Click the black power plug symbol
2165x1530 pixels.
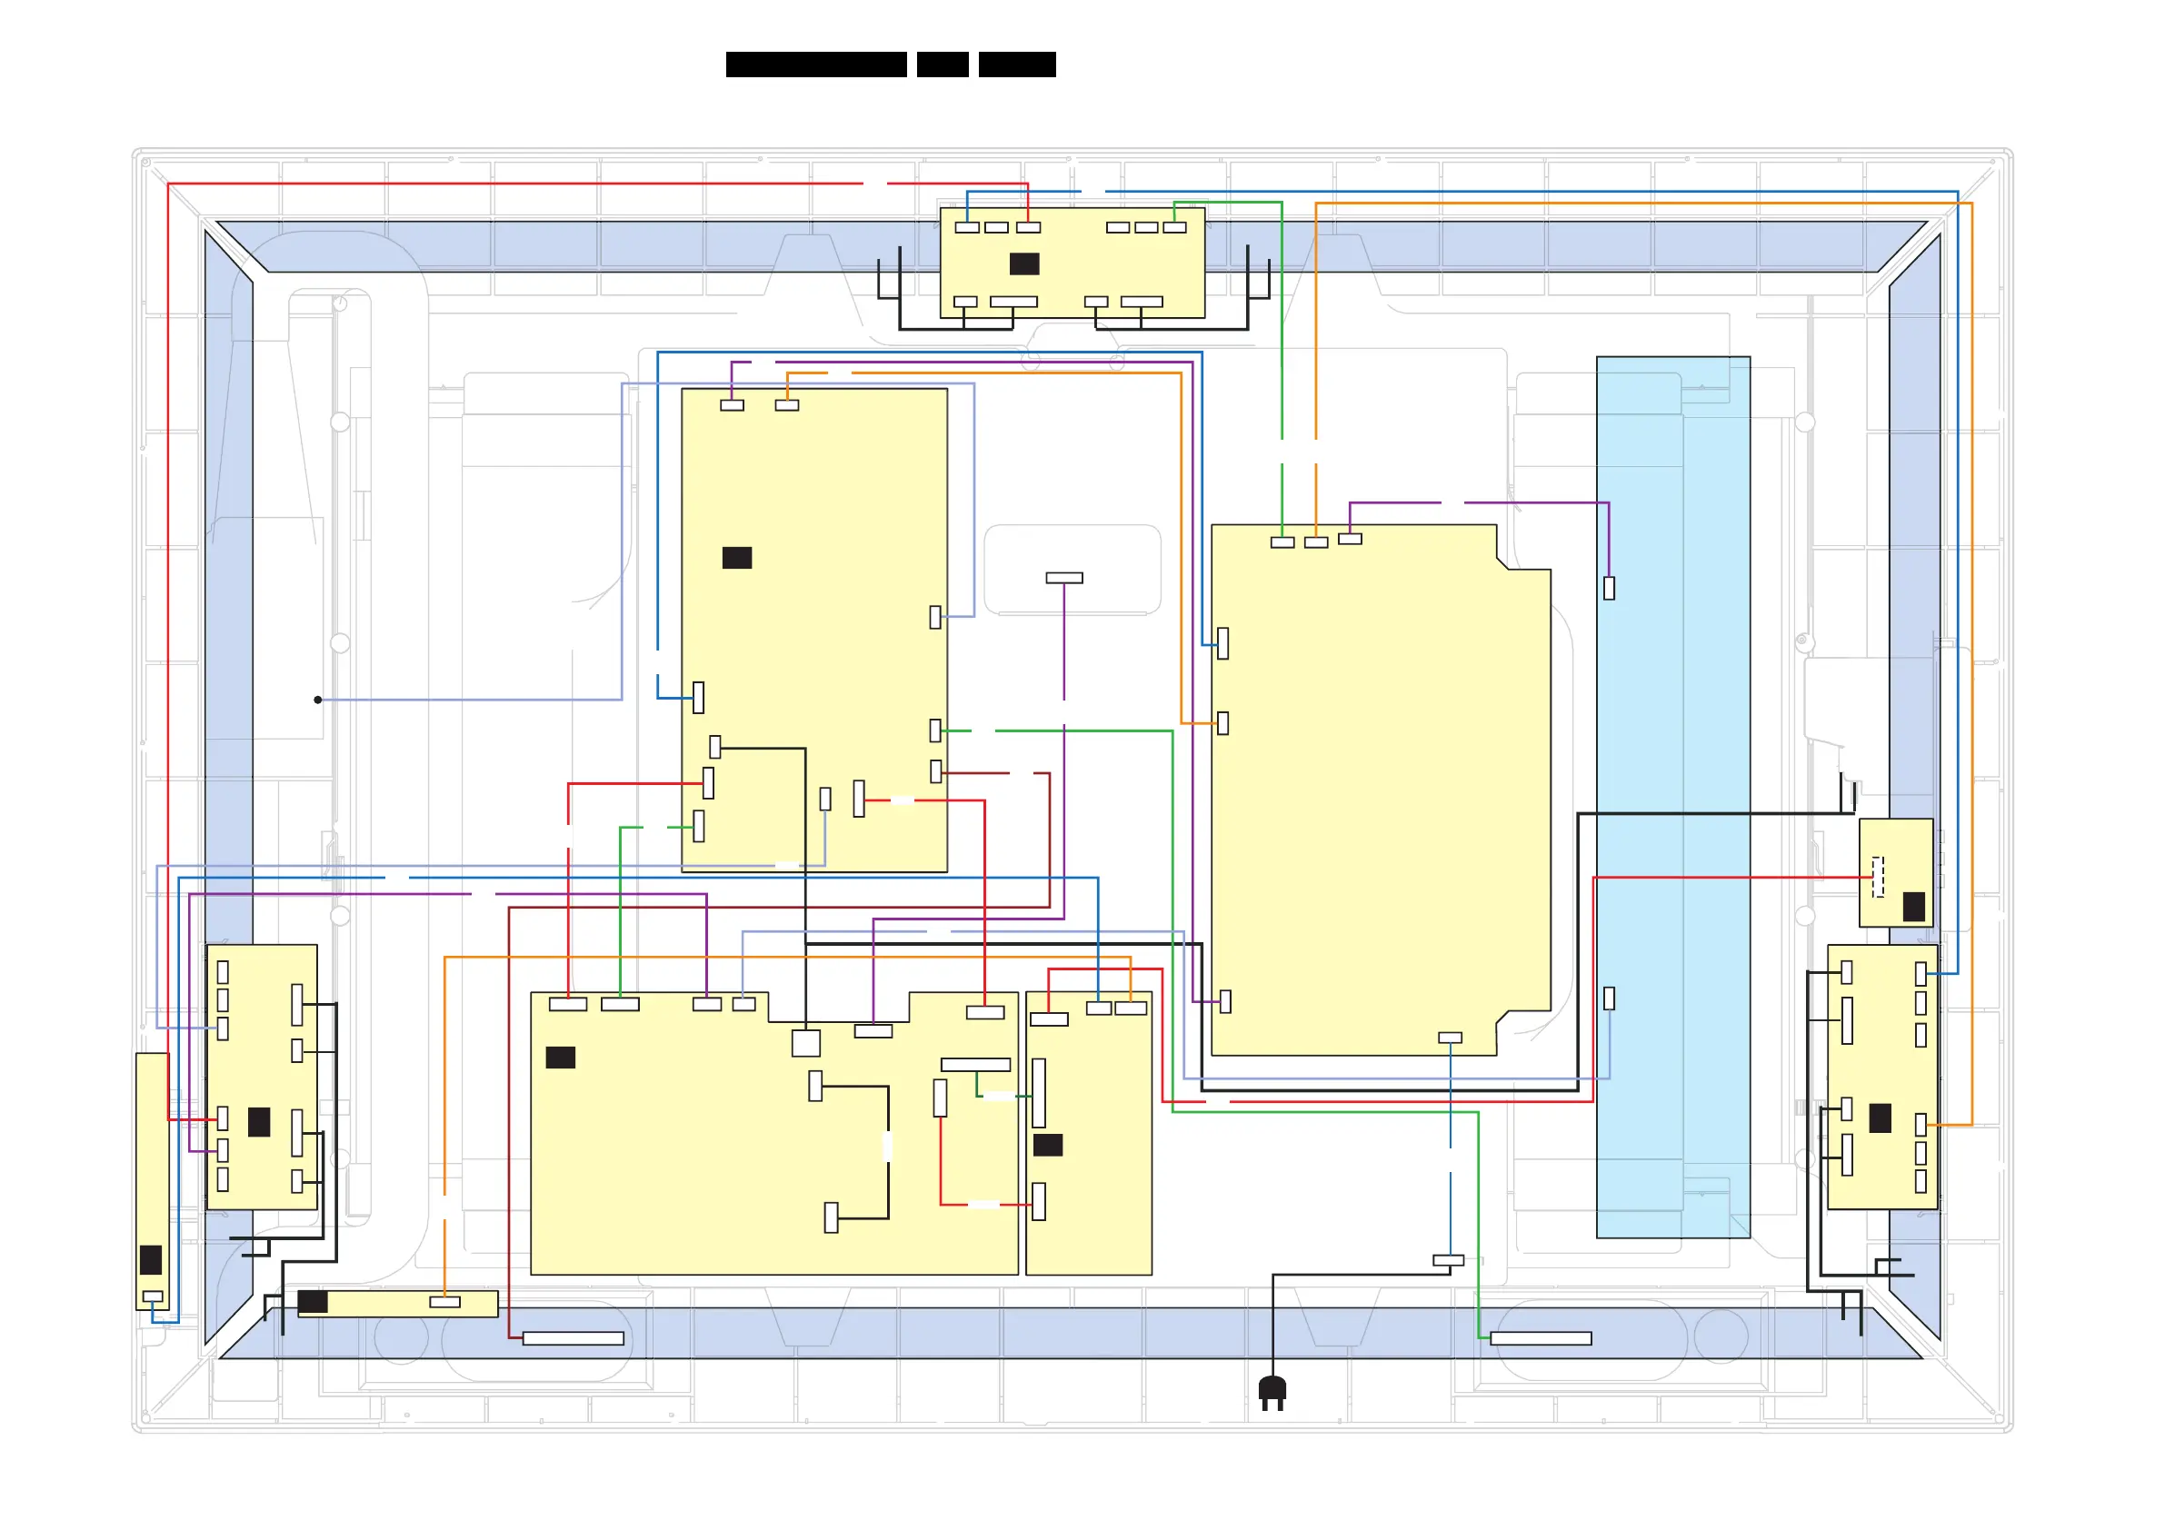[1272, 1390]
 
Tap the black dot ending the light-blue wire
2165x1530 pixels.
[318, 700]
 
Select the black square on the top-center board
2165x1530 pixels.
[1024, 264]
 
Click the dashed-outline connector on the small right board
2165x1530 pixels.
[1878, 877]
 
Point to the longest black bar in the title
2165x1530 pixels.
[815, 65]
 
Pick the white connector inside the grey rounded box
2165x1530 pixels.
[1063, 578]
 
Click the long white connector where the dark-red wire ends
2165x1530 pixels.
[573, 1338]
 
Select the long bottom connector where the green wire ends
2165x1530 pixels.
[1541, 1338]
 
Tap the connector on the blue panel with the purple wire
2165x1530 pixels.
[1609, 588]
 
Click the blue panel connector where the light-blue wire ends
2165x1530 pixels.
[1609, 998]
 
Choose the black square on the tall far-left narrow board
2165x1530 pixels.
[150, 1259]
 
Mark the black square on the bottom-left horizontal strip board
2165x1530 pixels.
[313, 1302]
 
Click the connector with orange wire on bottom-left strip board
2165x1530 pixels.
[444, 1302]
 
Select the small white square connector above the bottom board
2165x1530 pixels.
[805, 1043]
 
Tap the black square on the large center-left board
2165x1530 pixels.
[736, 558]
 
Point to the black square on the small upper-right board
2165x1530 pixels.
[1913, 907]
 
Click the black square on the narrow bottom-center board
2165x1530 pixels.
[1048, 1145]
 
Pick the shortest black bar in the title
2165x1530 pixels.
[942, 65]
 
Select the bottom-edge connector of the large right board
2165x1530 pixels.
[1450, 1038]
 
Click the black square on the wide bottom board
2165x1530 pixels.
[560, 1058]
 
